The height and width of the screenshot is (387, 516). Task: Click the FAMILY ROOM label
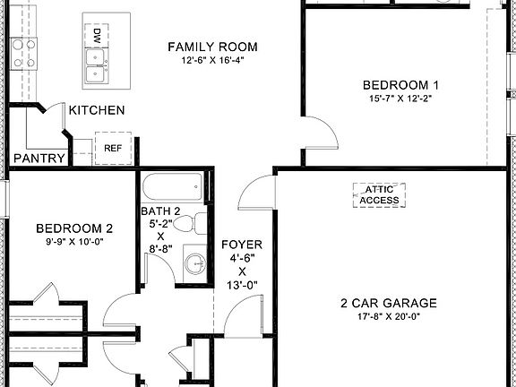point(212,47)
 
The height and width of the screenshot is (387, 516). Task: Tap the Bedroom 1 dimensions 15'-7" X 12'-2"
point(400,99)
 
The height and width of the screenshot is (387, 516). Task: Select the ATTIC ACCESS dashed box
point(380,195)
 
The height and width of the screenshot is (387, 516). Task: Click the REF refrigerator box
point(113,149)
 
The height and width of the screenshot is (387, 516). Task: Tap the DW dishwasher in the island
point(96,37)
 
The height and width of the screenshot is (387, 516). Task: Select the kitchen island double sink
point(94,64)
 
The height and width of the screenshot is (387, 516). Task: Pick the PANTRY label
point(39,159)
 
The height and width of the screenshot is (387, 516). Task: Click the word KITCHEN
point(97,110)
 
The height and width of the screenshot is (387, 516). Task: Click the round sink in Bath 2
point(195,265)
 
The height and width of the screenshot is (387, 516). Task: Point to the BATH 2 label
point(159,211)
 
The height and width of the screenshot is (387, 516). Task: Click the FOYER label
point(241,243)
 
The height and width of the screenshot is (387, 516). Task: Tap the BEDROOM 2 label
point(73,228)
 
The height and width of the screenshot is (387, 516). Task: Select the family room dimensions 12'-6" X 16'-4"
point(212,60)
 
